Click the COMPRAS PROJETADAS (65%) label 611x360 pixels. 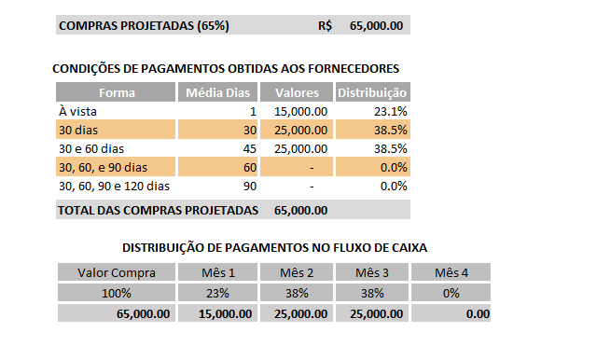tap(144, 26)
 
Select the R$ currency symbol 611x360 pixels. tap(325, 26)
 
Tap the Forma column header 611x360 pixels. tap(117, 92)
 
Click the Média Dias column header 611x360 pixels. tap(217, 92)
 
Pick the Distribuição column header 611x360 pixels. tap(371, 92)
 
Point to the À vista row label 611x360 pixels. tap(77, 111)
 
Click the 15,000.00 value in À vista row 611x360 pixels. tap(300, 111)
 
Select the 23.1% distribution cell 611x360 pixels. tap(393, 111)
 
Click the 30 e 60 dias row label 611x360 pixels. tap(90, 148)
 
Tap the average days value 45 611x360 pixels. tap(248, 148)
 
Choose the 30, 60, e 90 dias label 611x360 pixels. tap(103, 167)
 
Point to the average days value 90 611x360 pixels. tap(248, 186)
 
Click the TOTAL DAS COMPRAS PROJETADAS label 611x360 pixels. tap(157, 211)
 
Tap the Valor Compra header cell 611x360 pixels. tap(117, 272)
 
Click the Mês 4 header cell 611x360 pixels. tap(453, 272)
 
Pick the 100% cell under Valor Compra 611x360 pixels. tap(117, 293)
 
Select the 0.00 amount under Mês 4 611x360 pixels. tap(477, 314)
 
